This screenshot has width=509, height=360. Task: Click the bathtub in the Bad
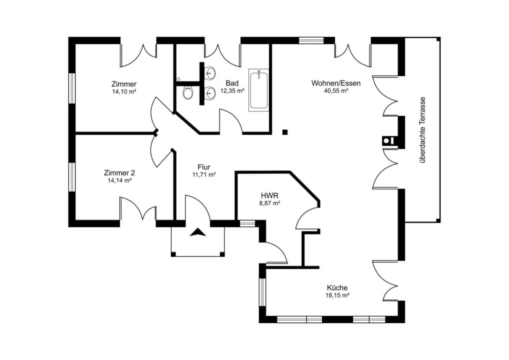click(x=259, y=90)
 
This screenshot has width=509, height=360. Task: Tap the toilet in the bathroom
click(x=187, y=92)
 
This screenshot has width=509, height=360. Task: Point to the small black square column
click(x=285, y=132)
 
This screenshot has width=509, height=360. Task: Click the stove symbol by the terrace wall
click(x=389, y=140)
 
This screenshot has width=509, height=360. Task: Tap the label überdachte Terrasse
click(x=422, y=130)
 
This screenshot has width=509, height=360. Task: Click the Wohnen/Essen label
click(x=336, y=83)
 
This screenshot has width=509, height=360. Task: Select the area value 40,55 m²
click(x=336, y=91)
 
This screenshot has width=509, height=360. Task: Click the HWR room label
click(x=269, y=196)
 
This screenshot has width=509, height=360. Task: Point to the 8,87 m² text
click(x=269, y=203)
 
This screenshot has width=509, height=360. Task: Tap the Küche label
click(x=337, y=288)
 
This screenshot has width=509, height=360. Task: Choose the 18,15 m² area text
click(x=337, y=295)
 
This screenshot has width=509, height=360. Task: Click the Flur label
click(x=204, y=167)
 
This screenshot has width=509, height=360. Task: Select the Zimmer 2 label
click(x=120, y=173)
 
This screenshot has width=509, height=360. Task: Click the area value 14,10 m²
click(x=124, y=92)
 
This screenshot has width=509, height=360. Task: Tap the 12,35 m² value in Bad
click(x=232, y=91)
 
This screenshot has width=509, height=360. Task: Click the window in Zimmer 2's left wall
click(x=72, y=177)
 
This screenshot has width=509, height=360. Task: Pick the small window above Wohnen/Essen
click(x=311, y=40)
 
